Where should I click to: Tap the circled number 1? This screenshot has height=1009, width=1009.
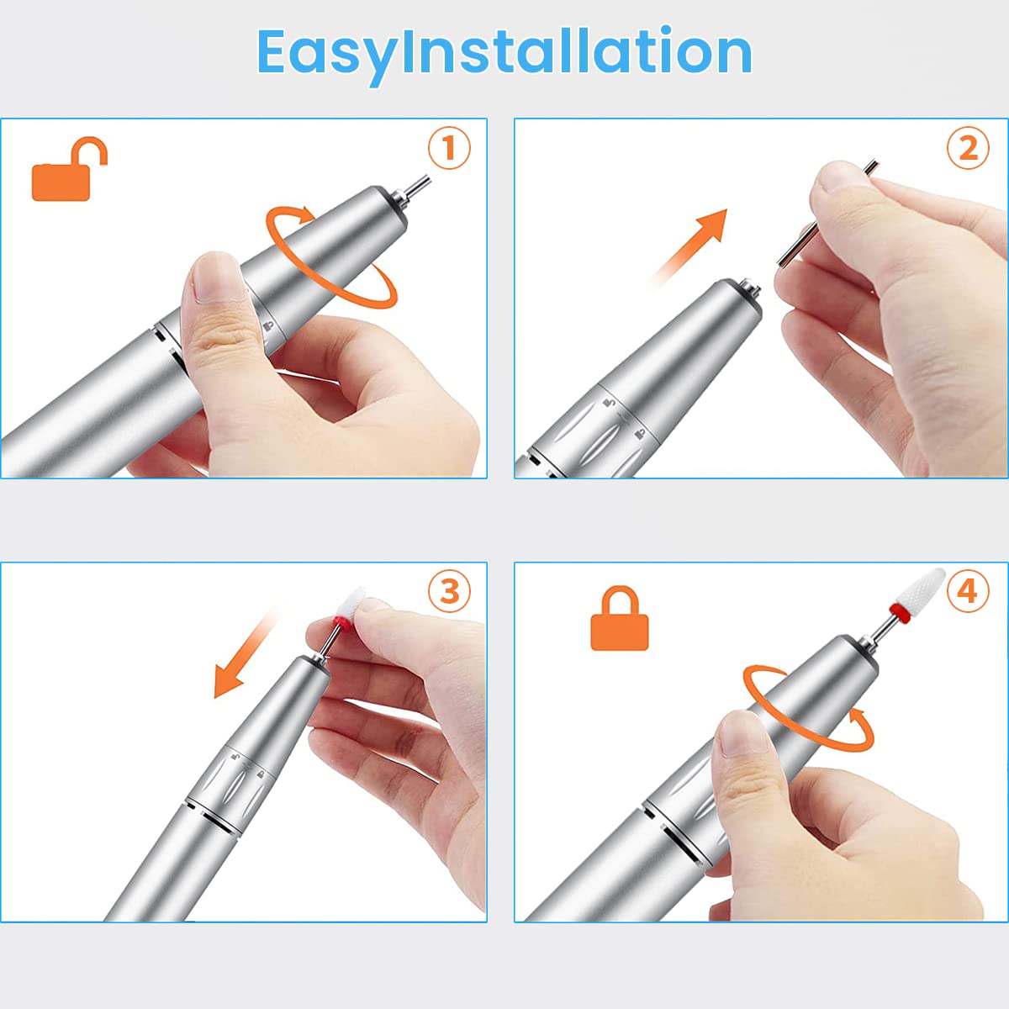449,148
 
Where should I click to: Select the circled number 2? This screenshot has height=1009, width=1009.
968,148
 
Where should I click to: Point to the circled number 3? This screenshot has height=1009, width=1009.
449,592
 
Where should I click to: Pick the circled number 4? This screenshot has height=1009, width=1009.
968,592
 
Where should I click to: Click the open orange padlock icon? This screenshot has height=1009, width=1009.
69,169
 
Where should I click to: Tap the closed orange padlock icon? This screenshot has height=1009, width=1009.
620,618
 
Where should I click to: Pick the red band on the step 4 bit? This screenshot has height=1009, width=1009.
899,611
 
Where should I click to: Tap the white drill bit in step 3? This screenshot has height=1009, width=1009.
351,603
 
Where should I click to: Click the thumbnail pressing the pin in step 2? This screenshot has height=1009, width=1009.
839,175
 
